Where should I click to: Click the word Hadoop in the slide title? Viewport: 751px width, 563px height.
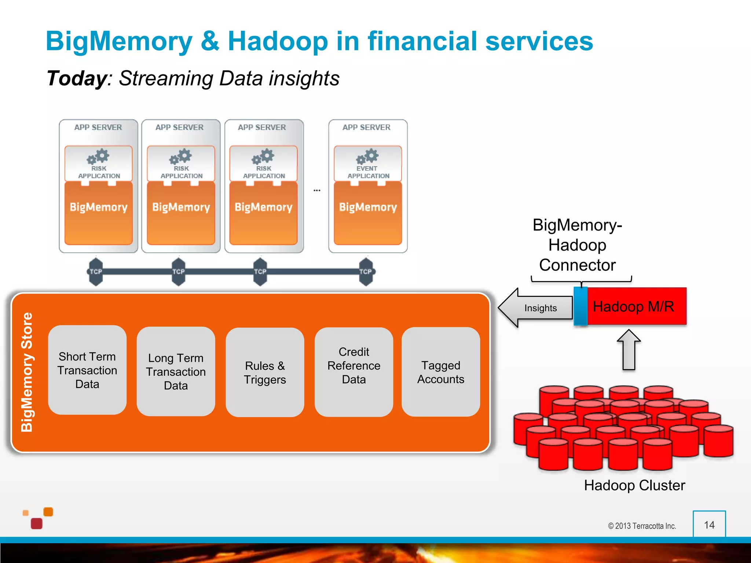[278, 41]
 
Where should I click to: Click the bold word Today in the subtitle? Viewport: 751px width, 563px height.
[77, 78]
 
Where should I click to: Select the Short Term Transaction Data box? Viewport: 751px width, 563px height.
[87, 370]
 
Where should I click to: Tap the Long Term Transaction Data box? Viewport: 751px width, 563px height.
[176, 372]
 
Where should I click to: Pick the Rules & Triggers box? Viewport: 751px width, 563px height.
[265, 372]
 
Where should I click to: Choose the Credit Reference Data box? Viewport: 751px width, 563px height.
[353, 372]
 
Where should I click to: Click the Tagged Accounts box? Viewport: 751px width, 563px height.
[440, 372]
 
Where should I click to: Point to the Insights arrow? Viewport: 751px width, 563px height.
[535, 308]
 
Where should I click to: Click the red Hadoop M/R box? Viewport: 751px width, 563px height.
[636, 306]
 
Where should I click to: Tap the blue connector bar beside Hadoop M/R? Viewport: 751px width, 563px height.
[580, 306]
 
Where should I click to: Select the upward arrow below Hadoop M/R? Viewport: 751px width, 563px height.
[629, 350]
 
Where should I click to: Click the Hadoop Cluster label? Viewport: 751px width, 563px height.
[634, 485]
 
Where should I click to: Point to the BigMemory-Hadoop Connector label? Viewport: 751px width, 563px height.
[577, 245]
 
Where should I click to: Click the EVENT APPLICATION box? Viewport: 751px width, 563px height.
[368, 163]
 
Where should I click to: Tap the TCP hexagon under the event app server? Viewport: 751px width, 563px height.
[366, 272]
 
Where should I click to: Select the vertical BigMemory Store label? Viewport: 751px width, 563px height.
[27, 372]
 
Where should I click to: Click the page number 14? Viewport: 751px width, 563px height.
[709, 525]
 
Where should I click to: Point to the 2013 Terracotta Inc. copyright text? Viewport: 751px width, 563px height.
[642, 526]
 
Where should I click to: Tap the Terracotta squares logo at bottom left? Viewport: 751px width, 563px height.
[38, 518]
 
